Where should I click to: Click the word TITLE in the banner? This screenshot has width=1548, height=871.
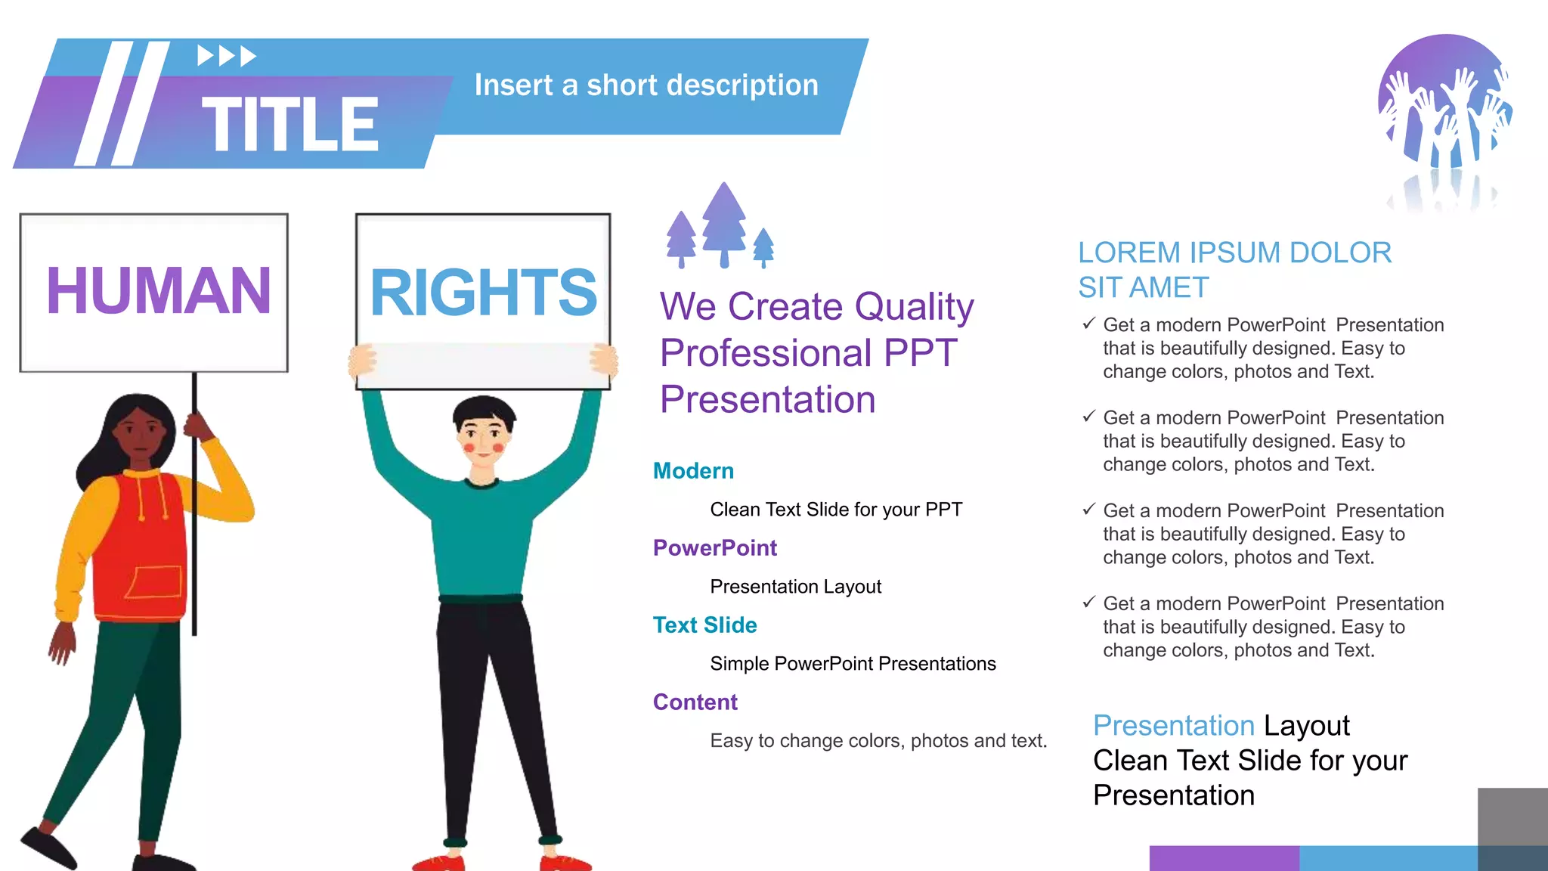pos(290,125)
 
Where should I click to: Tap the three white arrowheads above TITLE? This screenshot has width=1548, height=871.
pos(227,56)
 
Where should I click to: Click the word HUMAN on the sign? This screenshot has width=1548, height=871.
pos(158,291)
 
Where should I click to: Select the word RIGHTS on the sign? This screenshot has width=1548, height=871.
pos(483,293)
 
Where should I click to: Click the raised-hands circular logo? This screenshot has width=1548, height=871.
pos(1444,102)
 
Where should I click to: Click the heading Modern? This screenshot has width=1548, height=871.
pos(693,471)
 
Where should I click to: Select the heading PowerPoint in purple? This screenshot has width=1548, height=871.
pos(714,548)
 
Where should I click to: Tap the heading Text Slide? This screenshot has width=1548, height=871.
pos(704,625)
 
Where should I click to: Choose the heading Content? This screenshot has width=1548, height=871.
pos(695,702)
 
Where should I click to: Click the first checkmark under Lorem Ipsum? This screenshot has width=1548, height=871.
pos(1088,324)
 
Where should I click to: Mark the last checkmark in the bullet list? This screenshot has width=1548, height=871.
pos(1088,603)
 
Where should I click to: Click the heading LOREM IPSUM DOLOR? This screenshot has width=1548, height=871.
pos(1234,253)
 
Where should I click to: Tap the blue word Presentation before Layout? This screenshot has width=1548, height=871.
pos(1173,726)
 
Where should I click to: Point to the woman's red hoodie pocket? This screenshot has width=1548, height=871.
pos(154,582)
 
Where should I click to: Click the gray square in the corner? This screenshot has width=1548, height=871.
pos(1512,817)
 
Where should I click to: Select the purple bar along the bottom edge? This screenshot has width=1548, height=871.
pos(1224,858)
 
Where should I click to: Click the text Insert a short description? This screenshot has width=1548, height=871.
pos(646,85)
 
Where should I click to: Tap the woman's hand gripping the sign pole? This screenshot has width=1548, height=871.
pos(198,426)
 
